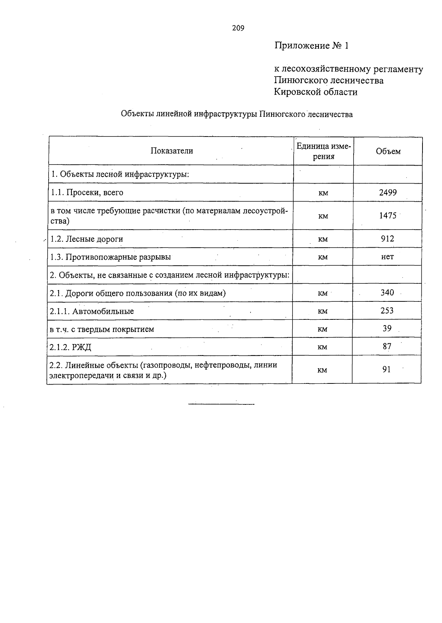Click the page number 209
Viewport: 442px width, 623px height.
[238, 28]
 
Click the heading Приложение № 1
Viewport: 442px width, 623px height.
[311, 46]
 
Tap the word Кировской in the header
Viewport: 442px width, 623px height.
[296, 92]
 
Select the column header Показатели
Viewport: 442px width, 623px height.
[172, 151]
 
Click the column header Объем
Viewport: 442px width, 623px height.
[388, 151]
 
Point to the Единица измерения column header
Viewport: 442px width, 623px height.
[324, 151]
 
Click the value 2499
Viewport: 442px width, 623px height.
[388, 192]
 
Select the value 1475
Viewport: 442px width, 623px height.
[388, 216]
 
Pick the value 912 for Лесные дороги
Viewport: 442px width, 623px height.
[387, 239]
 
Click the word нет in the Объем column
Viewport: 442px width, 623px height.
[387, 257]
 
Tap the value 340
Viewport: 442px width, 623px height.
[387, 293]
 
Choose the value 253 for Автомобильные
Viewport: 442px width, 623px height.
[387, 311]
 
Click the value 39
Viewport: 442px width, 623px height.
[387, 328]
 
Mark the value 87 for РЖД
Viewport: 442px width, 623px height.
[387, 346]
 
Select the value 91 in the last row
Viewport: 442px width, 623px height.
[386, 369]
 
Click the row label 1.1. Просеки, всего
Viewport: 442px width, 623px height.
[87, 192]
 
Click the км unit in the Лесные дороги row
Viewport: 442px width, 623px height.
[323, 239]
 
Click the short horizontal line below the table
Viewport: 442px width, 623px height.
[221, 404]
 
